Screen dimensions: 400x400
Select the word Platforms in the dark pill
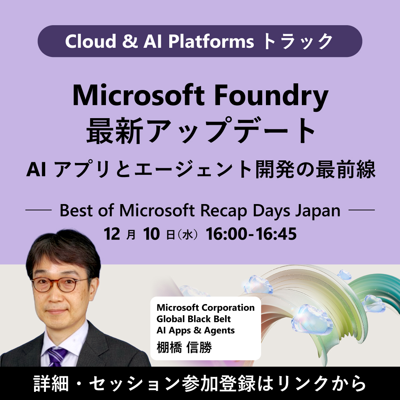click(211, 41)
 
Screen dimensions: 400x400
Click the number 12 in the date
click(112, 234)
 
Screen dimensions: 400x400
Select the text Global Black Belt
click(193, 319)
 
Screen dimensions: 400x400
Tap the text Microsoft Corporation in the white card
click(206, 308)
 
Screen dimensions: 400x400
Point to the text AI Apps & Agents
click(196, 330)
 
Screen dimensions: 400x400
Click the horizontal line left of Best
click(38, 210)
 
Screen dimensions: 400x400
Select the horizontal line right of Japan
click(362, 210)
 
